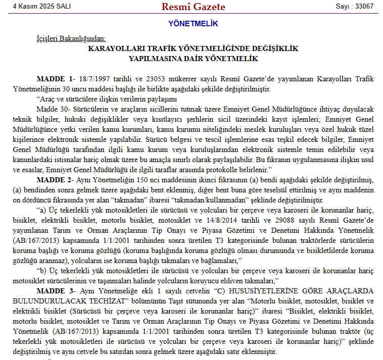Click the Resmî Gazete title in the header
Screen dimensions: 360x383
(193, 7)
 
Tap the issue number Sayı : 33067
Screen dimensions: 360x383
(355, 7)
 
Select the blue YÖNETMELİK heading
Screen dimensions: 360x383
(193, 23)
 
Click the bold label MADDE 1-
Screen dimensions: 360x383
(55, 79)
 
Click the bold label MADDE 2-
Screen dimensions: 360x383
(55, 180)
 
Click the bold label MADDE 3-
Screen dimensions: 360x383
(55, 291)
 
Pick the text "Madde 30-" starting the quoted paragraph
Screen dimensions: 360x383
(53, 109)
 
